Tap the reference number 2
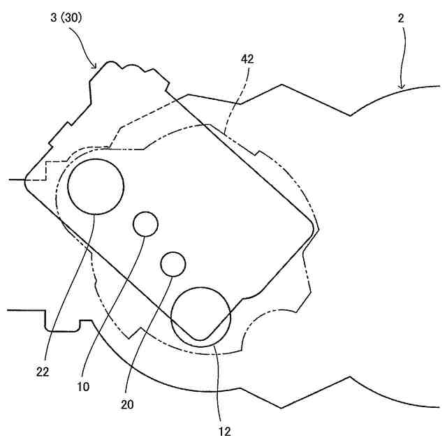[401, 19]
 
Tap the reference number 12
[224, 430]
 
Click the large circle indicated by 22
[96, 186]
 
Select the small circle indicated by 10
[146, 224]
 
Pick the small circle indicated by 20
[173, 263]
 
